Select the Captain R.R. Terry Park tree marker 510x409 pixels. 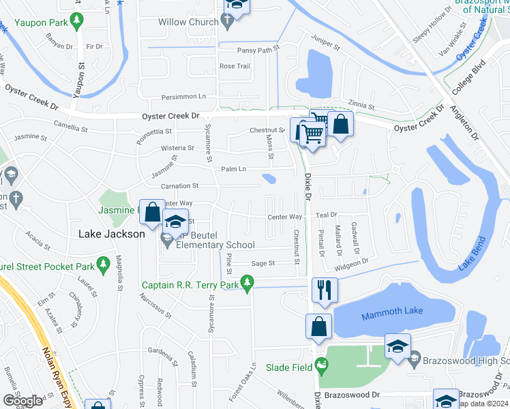coord(247,282)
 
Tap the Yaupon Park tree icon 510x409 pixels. coord(78,22)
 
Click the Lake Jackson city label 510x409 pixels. coord(112,234)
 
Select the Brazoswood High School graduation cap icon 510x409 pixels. coord(397,346)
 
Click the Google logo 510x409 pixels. coord(22,400)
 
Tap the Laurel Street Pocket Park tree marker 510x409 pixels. coord(103,263)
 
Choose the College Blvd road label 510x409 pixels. coord(469,79)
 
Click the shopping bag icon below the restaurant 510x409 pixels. coord(319,326)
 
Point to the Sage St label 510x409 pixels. coord(263,263)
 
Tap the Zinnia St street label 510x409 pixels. coord(361,106)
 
